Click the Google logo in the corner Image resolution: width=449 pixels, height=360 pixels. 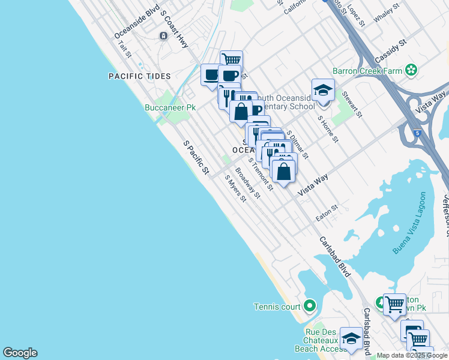(x=20, y=353)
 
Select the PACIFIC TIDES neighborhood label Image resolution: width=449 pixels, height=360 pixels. (x=140, y=76)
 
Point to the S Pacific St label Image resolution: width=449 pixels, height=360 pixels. (x=196, y=158)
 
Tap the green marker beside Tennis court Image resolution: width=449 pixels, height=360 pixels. (x=310, y=307)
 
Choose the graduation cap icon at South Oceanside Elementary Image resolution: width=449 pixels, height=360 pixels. (x=323, y=90)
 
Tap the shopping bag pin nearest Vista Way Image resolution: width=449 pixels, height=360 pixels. (x=283, y=171)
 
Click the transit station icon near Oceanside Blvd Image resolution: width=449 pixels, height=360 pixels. (x=163, y=36)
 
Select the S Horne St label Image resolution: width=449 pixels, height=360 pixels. (x=328, y=129)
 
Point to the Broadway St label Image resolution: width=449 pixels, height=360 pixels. (x=248, y=182)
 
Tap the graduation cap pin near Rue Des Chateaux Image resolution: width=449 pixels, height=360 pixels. (x=351, y=337)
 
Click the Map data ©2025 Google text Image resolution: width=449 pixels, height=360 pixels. (x=412, y=355)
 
